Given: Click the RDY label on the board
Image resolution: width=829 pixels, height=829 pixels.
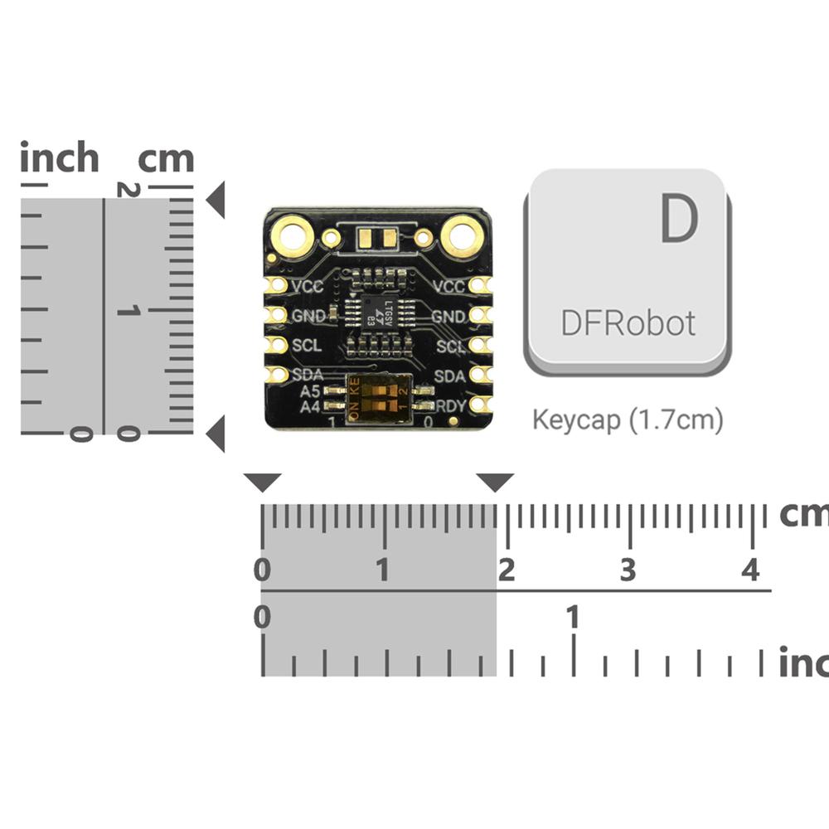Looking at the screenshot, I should [450, 405].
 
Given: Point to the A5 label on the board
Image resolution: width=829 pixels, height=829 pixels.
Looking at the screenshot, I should [310, 390].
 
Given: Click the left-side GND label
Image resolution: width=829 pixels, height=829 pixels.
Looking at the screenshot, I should [308, 316].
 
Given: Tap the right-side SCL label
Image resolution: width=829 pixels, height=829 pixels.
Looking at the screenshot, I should [450, 347].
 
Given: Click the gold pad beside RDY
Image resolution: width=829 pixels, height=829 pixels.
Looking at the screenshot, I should [479, 405].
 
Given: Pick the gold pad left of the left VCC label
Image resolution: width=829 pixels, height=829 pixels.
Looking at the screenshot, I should [276, 285].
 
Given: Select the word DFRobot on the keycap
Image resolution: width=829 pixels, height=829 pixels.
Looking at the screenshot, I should [628, 323].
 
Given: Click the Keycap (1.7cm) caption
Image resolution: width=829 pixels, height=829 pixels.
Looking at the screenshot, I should [628, 420].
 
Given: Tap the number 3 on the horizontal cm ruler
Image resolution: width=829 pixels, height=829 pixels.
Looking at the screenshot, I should [628, 570].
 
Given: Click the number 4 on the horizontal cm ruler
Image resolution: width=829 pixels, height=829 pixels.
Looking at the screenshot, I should [750, 570].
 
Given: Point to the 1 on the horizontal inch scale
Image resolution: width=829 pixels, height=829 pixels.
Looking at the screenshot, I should [572, 618].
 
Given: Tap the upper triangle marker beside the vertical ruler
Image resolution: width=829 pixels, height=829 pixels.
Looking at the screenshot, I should [216, 200].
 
